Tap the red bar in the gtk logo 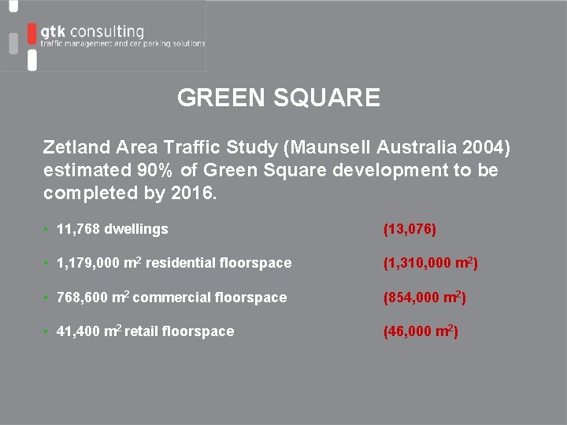point(31,35)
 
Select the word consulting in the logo point(106,31)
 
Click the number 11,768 point(79,229)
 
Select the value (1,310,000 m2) point(430,263)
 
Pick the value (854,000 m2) point(422,297)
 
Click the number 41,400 point(77,331)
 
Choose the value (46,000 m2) point(420,331)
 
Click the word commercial point(171,297)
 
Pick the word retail point(141,331)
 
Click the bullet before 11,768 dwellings point(47,229)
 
